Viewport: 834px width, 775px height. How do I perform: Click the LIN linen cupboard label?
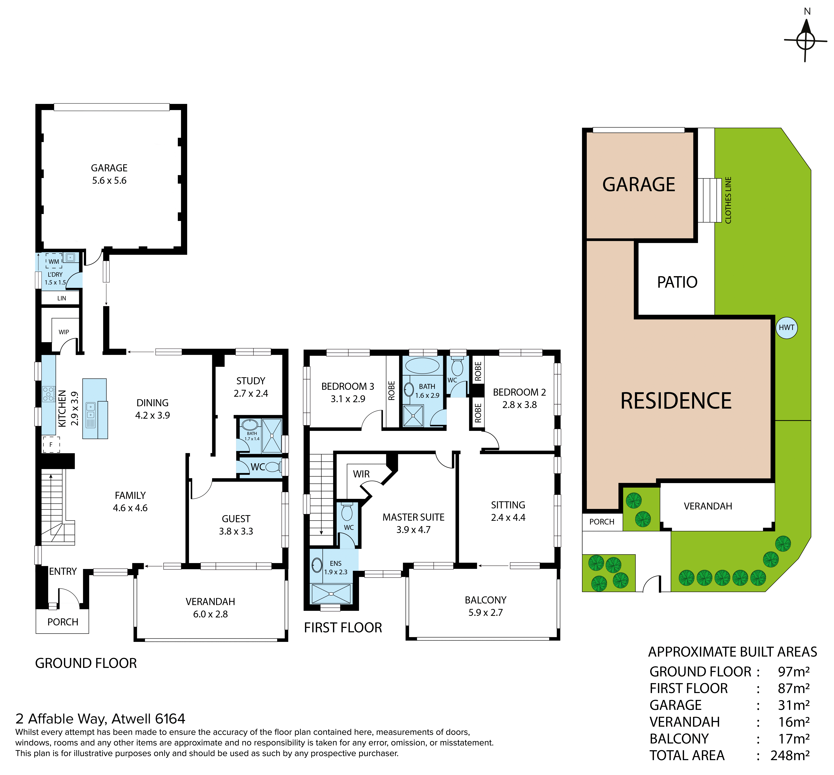(x=62, y=298)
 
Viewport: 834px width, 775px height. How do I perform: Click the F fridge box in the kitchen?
(x=51, y=444)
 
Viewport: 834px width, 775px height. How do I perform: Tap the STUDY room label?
(x=251, y=381)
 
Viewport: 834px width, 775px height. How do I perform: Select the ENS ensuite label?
(x=336, y=563)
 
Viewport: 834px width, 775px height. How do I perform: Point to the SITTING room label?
(x=508, y=505)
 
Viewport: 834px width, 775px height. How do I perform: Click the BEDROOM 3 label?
(x=348, y=386)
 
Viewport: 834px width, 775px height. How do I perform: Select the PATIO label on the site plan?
(x=677, y=282)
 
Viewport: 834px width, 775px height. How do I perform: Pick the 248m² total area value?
(x=790, y=755)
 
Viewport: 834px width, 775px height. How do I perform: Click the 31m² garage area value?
(x=794, y=705)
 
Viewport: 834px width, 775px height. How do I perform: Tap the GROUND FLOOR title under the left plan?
(x=86, y=663)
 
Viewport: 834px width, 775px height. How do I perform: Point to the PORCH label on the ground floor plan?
(x=63, y=622)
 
